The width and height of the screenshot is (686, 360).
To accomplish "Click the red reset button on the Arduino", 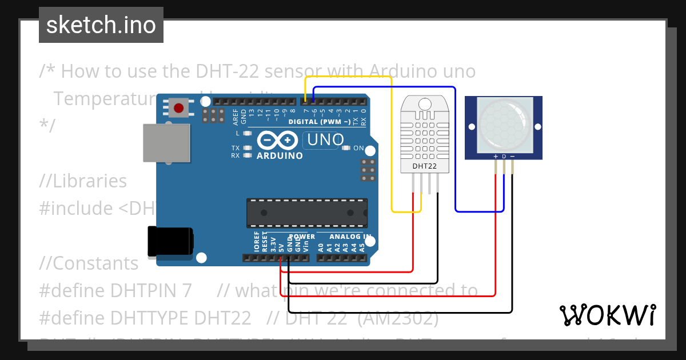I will (179, 107).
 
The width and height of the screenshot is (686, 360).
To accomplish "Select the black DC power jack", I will (170, 241).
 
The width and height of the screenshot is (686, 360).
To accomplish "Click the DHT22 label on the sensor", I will (424, 167).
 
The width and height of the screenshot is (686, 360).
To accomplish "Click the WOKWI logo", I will (607, 315).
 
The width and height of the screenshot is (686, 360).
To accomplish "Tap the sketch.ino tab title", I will (101, 25).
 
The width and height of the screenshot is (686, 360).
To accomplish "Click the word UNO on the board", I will (326, 139).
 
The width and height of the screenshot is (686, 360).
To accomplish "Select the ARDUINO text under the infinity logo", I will (280, 155).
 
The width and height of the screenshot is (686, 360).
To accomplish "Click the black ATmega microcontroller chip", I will (306, 212).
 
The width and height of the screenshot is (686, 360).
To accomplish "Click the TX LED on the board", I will (248, 148).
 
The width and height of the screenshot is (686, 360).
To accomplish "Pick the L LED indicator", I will (248, 133).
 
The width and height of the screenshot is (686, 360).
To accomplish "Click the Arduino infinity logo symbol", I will (277, 141).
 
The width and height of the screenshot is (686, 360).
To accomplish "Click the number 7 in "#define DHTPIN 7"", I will (186, 290).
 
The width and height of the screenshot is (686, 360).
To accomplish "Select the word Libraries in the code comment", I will (90, 181).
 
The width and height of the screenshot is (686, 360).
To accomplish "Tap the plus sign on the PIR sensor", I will (495, 156).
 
